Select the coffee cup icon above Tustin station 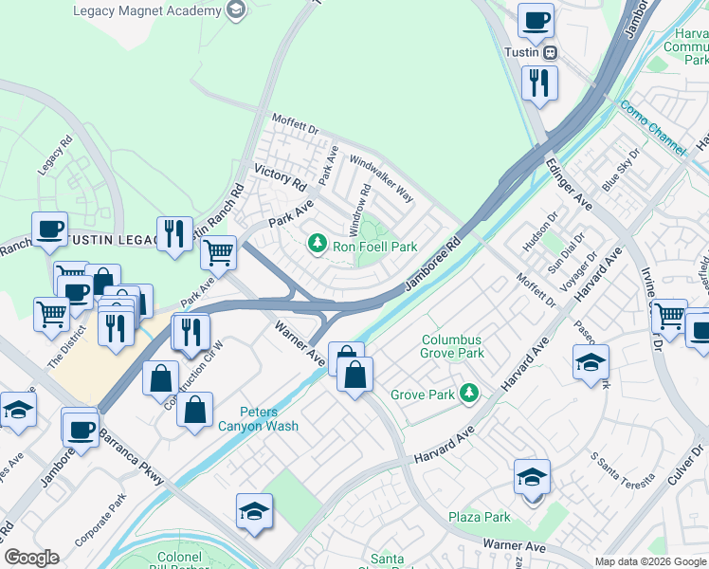pos(536,20)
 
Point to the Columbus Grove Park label pos(452,346)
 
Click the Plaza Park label pos(480,517)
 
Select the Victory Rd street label pos(281,175)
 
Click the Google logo pos(32,558)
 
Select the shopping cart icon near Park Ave pos(219,253)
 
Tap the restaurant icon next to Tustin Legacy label pos(173,233)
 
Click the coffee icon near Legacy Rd pos(49,229)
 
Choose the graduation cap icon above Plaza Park pos(532,476)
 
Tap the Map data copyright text pos(649,561)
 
